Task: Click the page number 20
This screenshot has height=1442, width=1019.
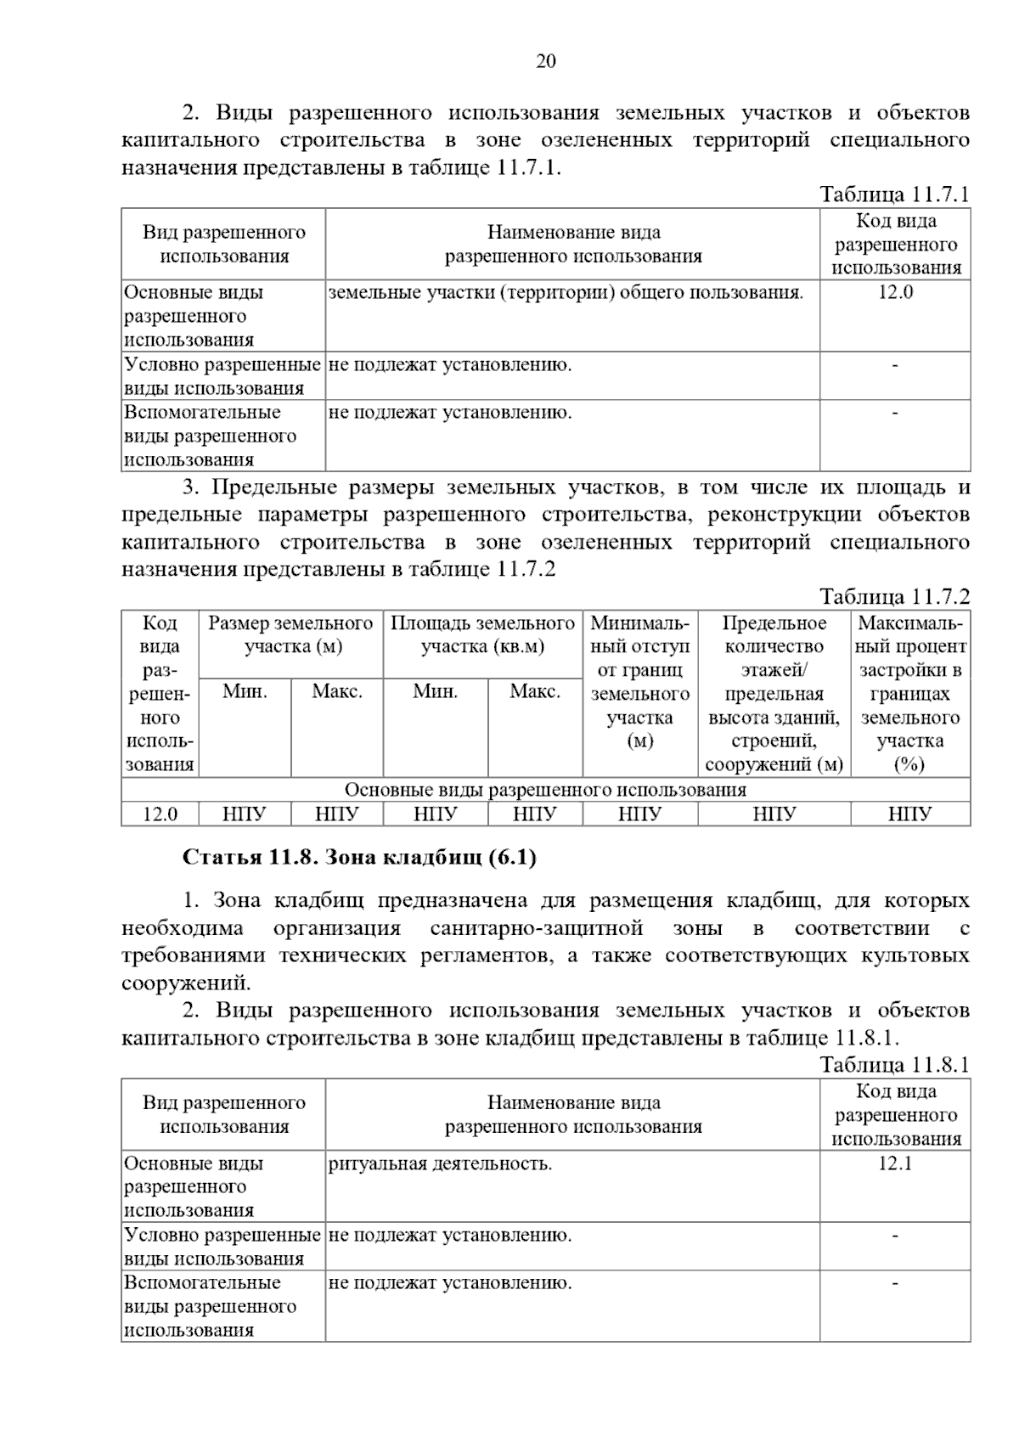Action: (546, 61)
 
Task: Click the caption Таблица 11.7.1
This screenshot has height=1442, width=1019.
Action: (893, 194)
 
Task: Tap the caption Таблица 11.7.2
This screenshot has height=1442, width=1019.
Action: (893, 596)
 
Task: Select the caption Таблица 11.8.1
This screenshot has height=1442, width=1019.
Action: (893, 1065)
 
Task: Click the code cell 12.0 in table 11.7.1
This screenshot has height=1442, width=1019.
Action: (895, 293)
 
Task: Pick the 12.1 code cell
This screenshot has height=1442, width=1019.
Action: (895, 1163)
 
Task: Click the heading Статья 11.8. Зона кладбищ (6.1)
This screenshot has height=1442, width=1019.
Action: (359, 858)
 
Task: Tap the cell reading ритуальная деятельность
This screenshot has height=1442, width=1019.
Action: (440, 1163)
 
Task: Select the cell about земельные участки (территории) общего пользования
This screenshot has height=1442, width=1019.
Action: (566, 293)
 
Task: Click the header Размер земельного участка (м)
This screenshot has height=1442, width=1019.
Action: (290, 634)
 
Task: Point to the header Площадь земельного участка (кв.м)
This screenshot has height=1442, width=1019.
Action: (482, 634)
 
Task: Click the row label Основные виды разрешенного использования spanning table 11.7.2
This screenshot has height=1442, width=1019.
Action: (545, 790)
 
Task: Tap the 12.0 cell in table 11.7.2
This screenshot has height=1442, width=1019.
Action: (160, 814)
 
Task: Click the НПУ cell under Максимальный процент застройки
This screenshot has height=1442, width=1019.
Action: (909, 814)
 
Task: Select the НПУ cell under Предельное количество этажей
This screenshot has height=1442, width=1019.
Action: (774, 814)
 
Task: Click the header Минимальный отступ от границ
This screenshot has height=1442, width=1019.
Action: (639, 681)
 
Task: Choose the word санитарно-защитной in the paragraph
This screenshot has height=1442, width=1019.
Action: (536, 928)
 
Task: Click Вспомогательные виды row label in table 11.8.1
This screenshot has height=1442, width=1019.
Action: (211, 1306)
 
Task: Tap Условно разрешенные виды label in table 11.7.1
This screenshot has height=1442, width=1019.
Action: (222, 376)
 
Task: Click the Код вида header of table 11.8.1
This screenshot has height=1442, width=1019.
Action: (895, 1115)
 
